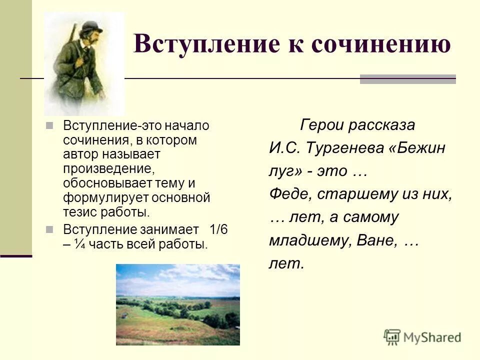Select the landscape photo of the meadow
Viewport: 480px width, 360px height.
(x=177, y=304)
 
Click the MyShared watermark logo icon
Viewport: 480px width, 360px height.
(x=392, y=337)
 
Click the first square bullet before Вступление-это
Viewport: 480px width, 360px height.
(x=49, y=125)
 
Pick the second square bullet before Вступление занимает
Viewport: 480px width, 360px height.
(x=49, y=229)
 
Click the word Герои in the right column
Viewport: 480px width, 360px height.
(x=321, y=125)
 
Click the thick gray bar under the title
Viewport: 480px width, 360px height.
(x=407, y=79)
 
